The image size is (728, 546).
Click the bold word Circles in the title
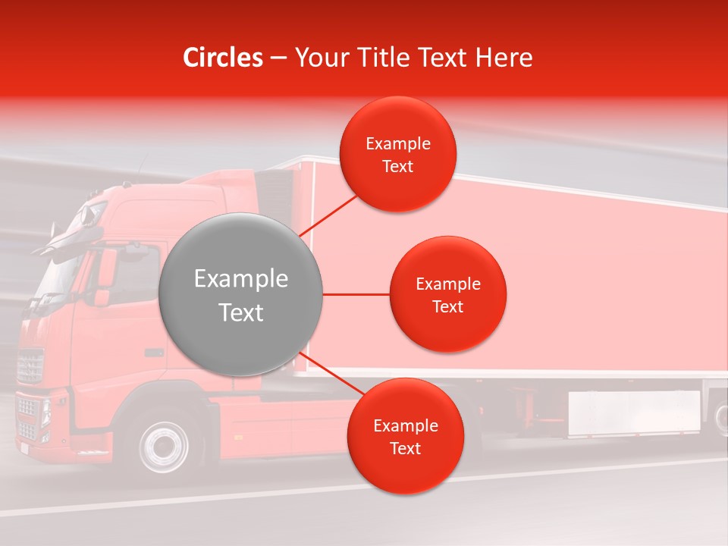pos(223,58)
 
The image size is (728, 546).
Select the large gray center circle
pos(240,295)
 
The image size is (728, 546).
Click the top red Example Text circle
pos(398,155)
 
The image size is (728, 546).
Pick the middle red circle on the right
pos(448,294)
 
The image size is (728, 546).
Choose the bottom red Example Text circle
pos(405,436)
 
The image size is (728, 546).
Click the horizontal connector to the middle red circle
pos(356,294)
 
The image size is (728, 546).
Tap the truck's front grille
pos(30,366)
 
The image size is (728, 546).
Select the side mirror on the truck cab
pos(105,269)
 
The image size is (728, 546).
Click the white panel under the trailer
pos(634,413)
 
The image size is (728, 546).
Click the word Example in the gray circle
pos(240,279)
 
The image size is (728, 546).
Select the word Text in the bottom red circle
pos(405,448)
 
